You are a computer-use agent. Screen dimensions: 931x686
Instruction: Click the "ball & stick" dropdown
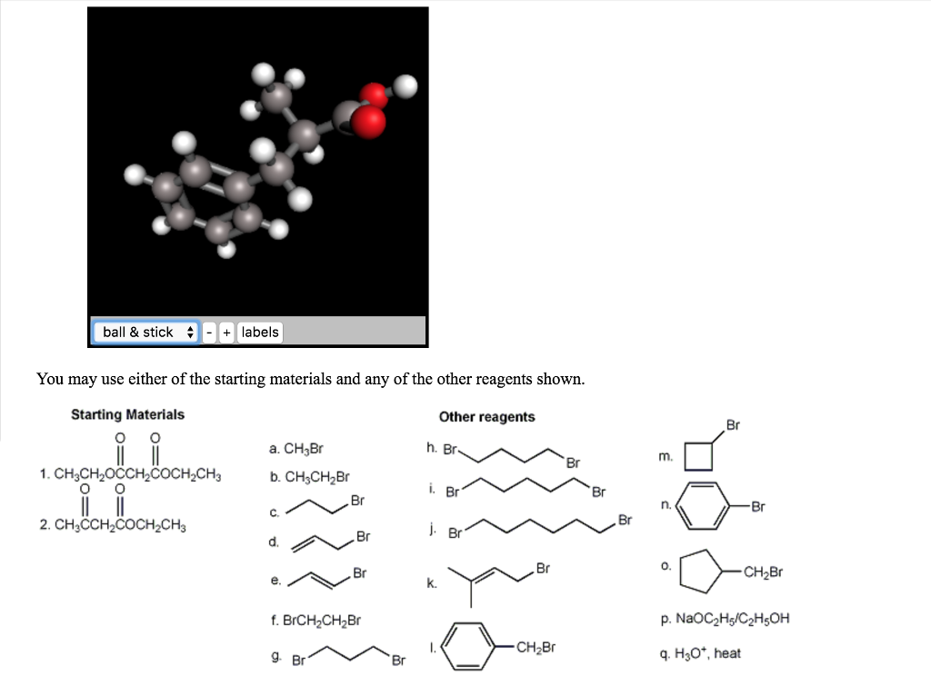click(145, 332)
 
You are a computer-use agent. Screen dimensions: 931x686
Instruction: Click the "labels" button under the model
click(260, 332)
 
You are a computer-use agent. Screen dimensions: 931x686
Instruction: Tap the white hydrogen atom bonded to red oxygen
click(405, 86)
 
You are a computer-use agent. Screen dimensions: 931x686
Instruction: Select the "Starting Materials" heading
click(127, 414)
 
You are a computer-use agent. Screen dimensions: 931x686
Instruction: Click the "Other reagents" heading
click(487, 417)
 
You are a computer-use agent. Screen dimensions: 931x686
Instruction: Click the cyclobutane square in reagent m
click(698, 442)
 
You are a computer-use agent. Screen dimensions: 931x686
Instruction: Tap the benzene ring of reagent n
click(704, 482)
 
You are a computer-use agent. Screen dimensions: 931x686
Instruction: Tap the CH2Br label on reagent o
click(763, 572)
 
